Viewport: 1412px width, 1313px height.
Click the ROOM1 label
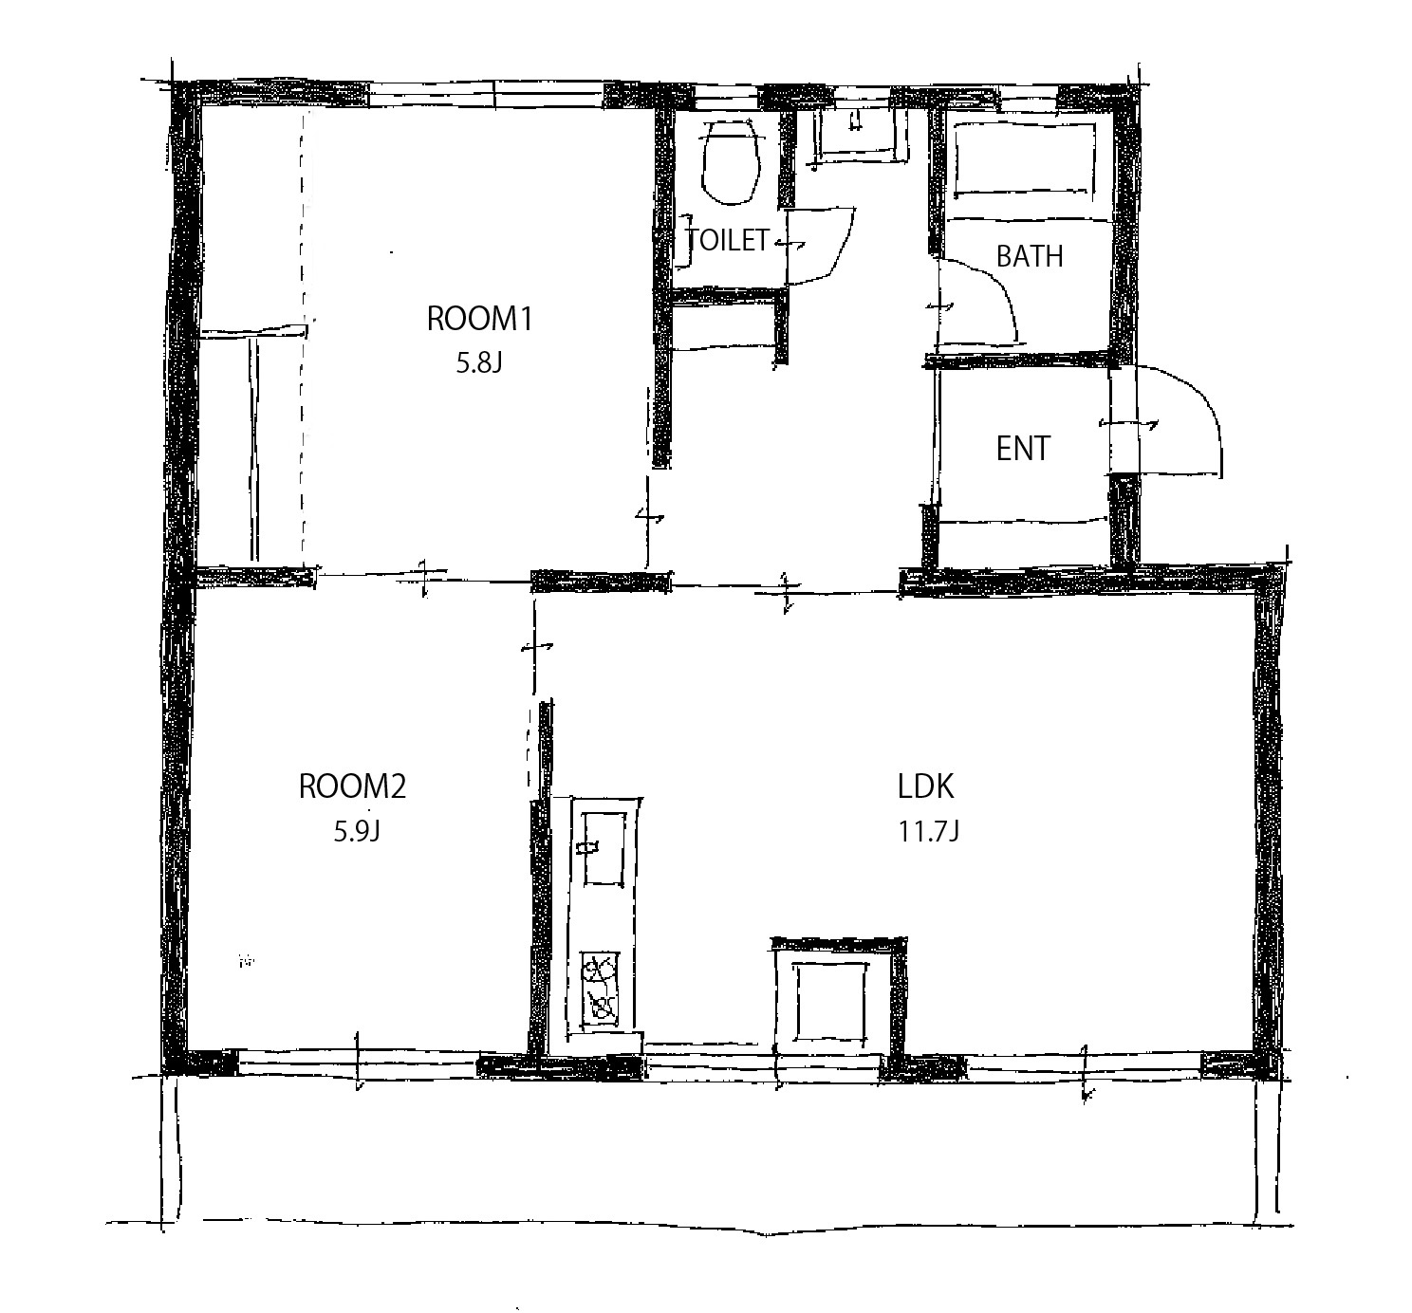pos(479,319)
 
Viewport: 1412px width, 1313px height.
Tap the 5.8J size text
pos(478,363)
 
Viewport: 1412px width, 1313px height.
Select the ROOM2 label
pos(352,786)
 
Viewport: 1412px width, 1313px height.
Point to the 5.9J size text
pos(357,830)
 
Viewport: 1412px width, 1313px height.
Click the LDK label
pos(925,786)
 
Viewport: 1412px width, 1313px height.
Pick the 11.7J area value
pos(929,830)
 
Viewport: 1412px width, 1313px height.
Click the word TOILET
pos(728,240)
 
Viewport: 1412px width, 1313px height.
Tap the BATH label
pos(1030,256)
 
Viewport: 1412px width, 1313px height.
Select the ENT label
pos(1023,449)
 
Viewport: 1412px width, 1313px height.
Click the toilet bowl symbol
pos(730,161)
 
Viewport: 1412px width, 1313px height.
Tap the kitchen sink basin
pos(604,848)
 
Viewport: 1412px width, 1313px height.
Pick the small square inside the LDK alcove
pos(830,1003)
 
